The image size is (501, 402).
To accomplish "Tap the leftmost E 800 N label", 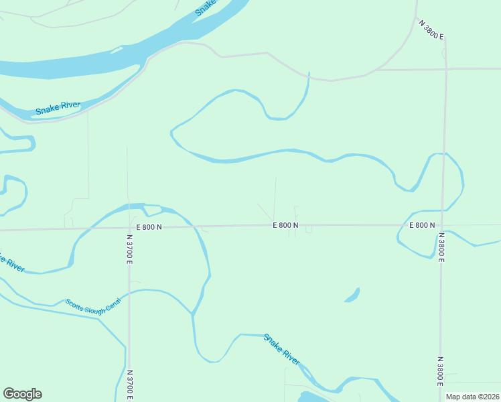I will click(x=149, y=227).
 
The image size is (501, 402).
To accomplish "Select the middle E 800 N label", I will click(x=285, y=226).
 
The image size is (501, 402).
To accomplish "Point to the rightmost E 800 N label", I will click(x=422, y=225).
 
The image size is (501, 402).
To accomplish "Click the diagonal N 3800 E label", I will click(x=432, y=30).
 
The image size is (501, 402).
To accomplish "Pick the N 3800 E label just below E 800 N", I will click(x=441, y=247).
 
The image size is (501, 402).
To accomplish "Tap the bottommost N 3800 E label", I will click(x=440, y=371).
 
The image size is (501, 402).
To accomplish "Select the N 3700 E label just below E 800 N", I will click(x=129, y=248).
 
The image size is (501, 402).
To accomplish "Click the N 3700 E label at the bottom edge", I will click(x=129, y=385).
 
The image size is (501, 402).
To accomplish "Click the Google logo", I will click(x=22, y=394).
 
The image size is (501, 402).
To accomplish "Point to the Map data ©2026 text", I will click(x=473, y=397).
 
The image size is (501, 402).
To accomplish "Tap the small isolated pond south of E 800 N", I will click(x=352, y=295).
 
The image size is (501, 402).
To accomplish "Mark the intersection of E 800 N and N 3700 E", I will click(x=129, y=228).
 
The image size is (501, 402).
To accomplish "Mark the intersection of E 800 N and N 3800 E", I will click(x=441, y=225).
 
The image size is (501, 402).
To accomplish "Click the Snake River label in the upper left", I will click(x=58, y=108).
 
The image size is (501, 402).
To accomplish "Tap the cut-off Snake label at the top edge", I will click(x=206, y=7).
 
